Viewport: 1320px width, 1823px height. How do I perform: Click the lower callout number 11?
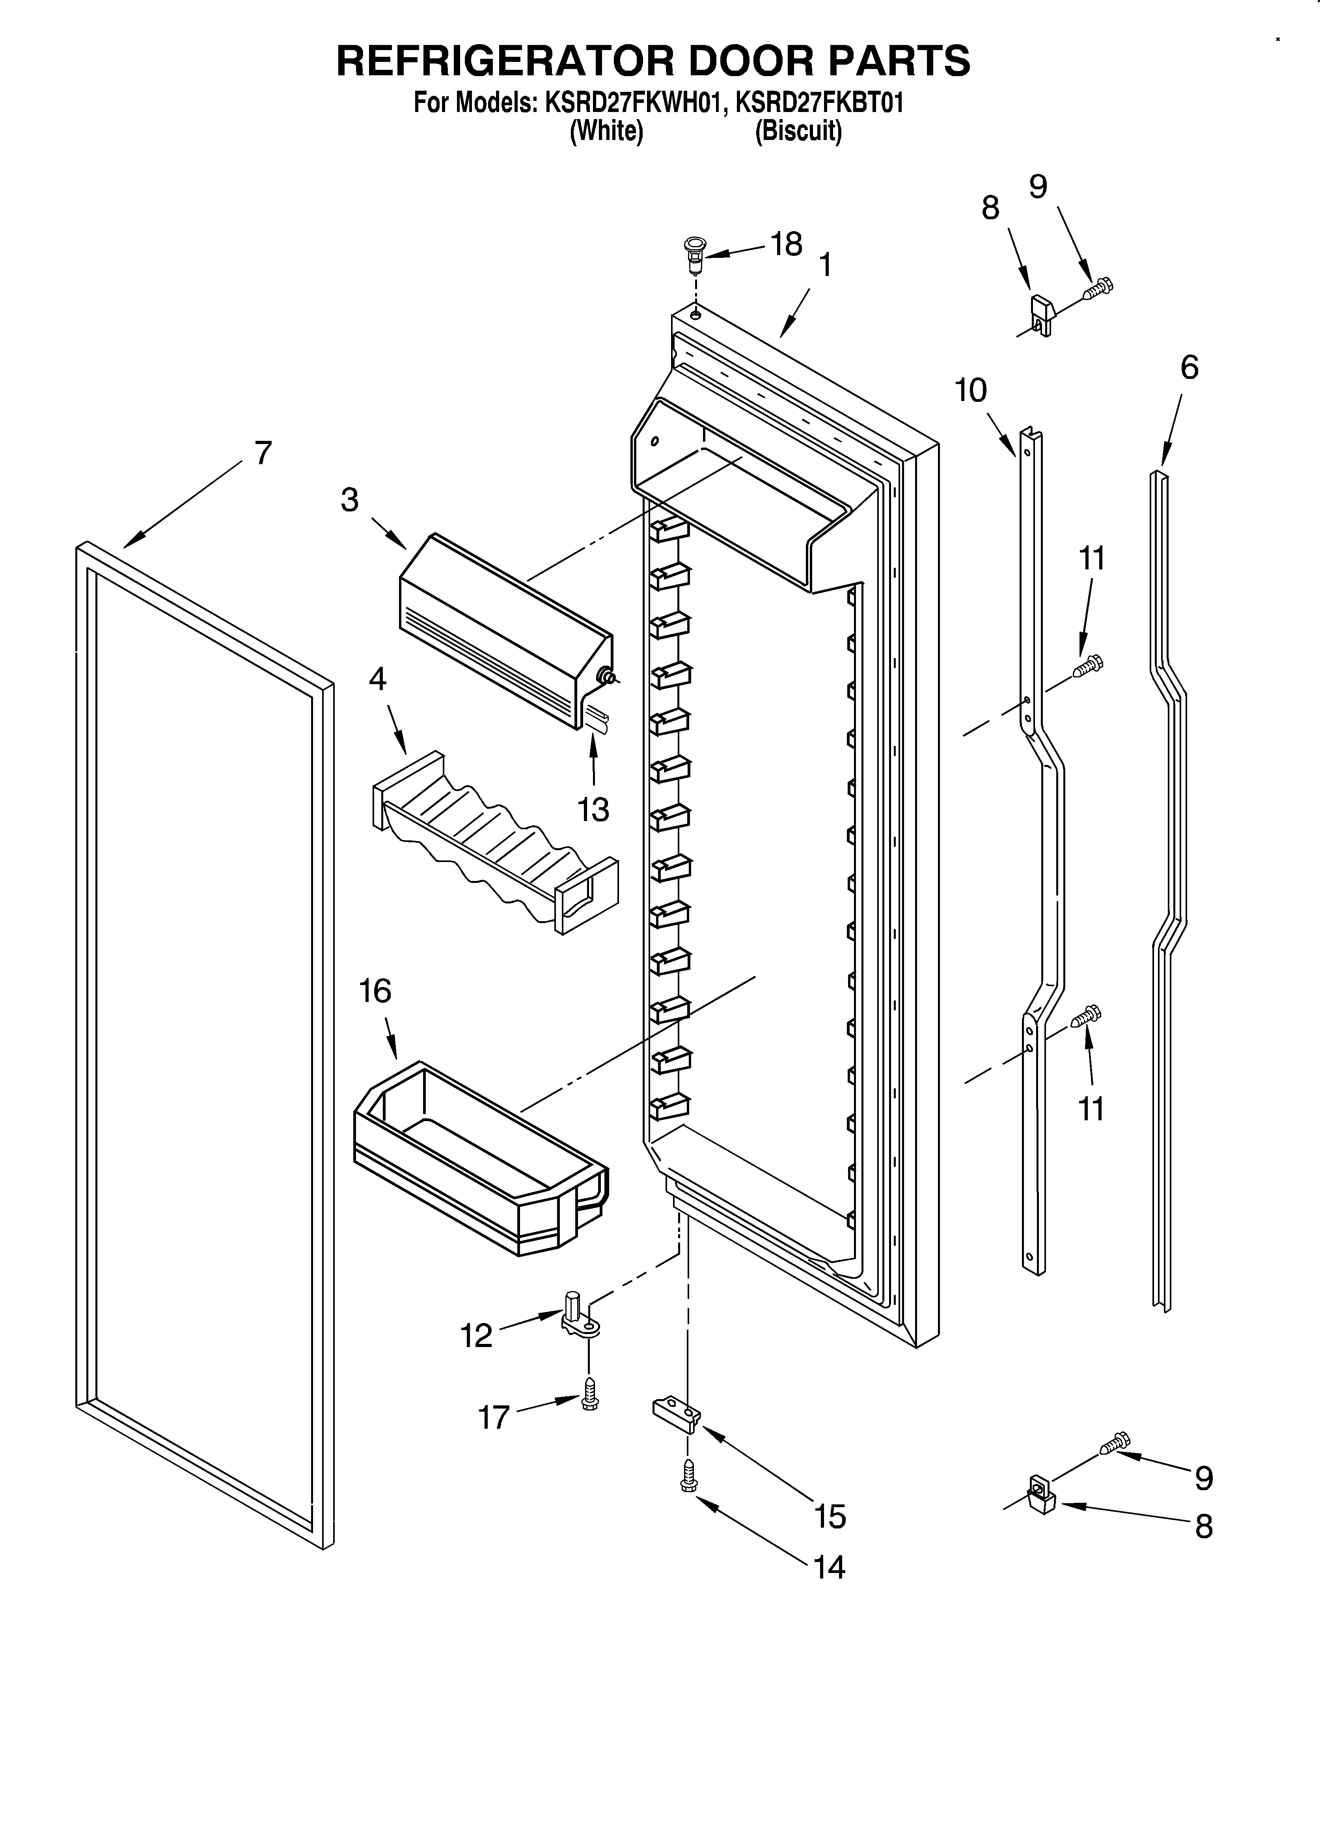(x=1091, y=1109)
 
